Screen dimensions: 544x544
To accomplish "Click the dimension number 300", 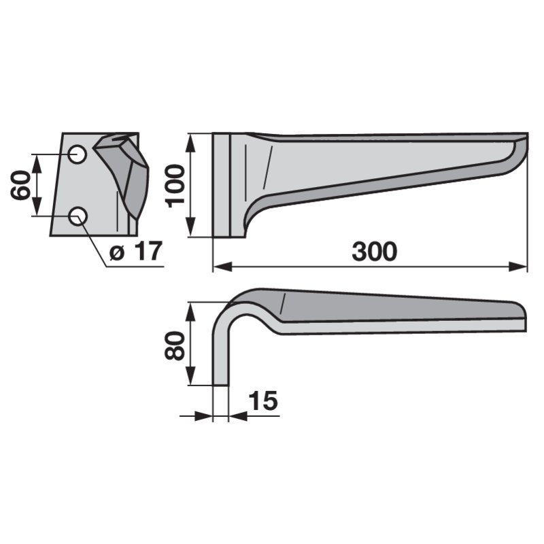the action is tap(375, 252).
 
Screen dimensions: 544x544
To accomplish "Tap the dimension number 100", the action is tap(175, 186).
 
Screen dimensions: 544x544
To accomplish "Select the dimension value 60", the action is tap(20, 185).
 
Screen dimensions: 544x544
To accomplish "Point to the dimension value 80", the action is tap(174, 345).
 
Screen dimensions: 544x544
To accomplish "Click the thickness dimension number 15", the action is tap(263, 401).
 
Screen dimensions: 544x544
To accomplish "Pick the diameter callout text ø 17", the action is tap(135, 251).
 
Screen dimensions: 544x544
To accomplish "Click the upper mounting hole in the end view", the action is tap(77, 154).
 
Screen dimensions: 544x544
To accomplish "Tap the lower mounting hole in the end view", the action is tap(78, 216).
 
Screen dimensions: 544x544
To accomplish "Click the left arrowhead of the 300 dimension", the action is tap(222, 267).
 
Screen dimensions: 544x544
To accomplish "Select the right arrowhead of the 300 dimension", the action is tap(518, 267).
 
